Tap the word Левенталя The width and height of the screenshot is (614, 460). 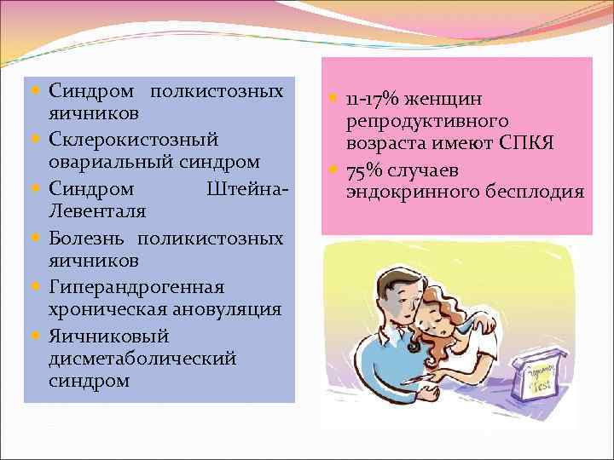tap(97, 210)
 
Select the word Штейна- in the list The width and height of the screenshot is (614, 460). tap(244, 186)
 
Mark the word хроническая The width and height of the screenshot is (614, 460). tap(107, 308)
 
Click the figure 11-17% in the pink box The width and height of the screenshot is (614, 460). tap(373, 100)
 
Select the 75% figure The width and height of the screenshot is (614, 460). tap(366, 168)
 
